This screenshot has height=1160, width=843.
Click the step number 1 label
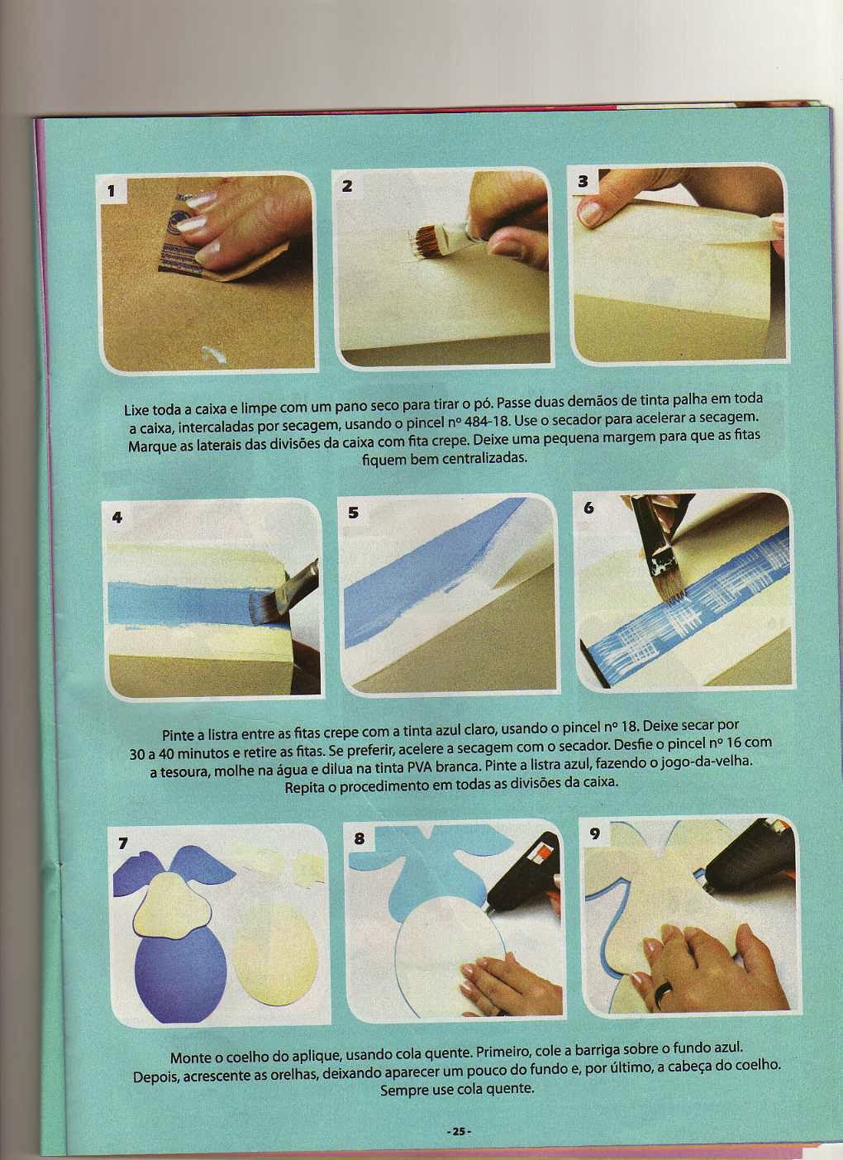(x=111, y=191)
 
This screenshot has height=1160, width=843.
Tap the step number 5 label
(x=354, y=513)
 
